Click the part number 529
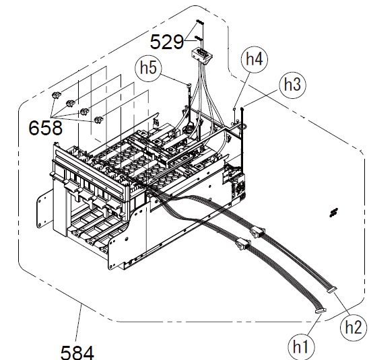click(166, 42)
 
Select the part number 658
click(45, 128)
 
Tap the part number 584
click(77, 353)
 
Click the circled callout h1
click(302, 347)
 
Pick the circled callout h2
click(354, 327)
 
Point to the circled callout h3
click(292, 85)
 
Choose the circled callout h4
click(255, 59)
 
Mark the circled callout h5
click(149, 68)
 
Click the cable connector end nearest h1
click(321, 311)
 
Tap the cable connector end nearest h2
click(332, 291)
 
